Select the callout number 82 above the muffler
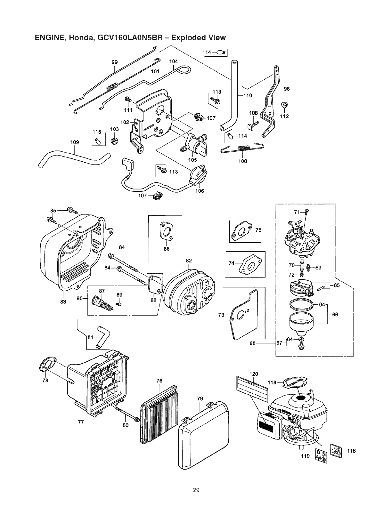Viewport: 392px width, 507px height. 189,261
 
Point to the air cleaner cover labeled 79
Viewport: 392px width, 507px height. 204,435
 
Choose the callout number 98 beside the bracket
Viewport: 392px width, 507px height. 287,89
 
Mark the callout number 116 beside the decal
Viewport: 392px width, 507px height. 351,451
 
